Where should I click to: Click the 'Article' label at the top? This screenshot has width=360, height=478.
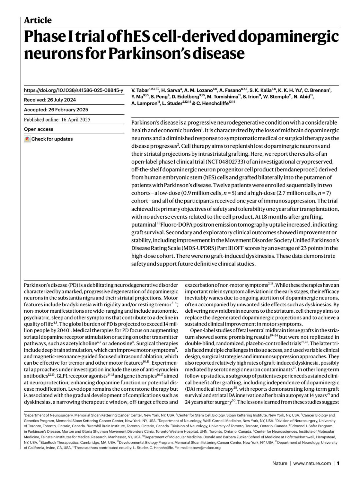tap(37, 20)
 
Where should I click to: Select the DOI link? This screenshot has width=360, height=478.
tap(73, 90)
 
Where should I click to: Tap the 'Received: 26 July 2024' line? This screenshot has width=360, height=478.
tap(50, 100)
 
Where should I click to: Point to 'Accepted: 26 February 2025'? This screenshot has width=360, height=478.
tap(56, 110)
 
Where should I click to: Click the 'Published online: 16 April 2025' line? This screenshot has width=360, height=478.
tap(57, 119)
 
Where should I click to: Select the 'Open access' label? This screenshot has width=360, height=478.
tap(38, 129)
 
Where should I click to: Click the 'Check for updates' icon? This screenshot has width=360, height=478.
tap(27, 139)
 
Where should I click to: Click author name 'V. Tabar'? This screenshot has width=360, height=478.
tap(140, 90)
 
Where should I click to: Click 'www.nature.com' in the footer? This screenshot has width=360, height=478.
tap(312, 463)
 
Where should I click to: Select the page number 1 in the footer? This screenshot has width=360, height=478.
tap(338, 463)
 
